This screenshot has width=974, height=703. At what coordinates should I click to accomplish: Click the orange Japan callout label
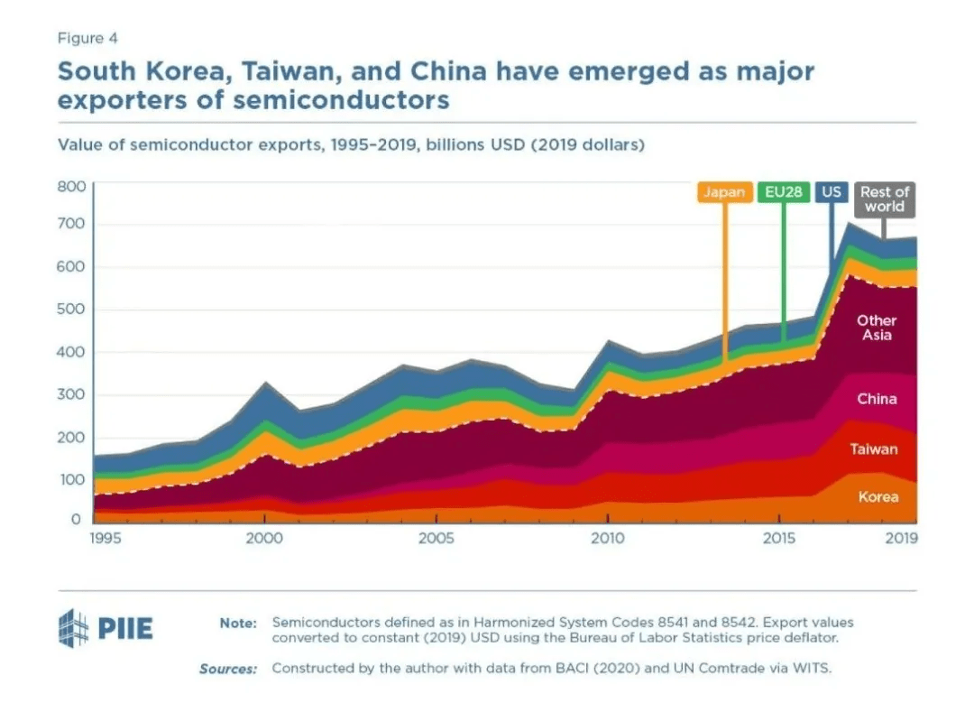click(724, 192)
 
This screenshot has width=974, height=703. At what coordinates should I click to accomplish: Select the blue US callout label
click(831, 192)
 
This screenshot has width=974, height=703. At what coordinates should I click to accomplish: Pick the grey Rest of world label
click(884, 199)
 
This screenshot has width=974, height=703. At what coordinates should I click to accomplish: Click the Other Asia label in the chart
click(876, 328)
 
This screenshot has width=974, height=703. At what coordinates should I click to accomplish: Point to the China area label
click(877, 399)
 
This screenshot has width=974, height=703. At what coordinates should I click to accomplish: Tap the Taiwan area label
click(874, 449)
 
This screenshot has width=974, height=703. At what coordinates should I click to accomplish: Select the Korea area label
click(878, 496)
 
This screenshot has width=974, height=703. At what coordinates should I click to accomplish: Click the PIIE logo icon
click(74, 625)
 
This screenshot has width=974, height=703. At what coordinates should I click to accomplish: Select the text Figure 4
click(87, 38)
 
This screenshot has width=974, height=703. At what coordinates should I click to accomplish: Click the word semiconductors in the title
click(342, 99)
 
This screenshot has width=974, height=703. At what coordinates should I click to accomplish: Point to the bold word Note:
click(238, 623)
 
